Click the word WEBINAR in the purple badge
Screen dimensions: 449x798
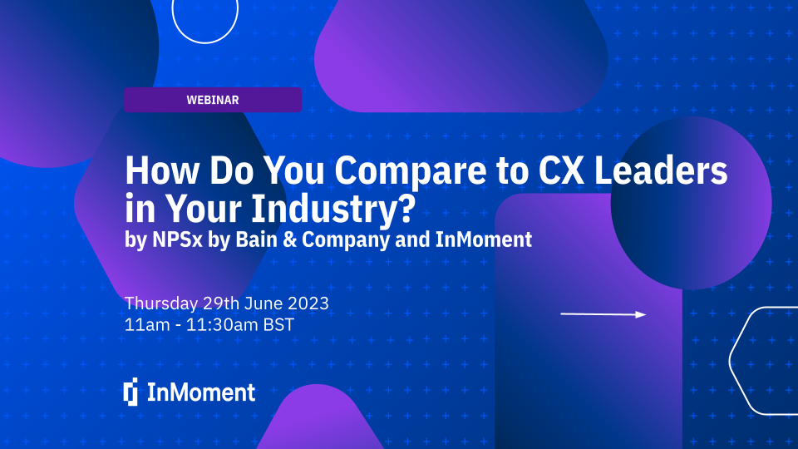tap(213, 100)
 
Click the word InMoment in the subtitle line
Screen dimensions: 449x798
tap(484, 240)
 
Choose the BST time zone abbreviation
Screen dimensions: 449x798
tap(278, 325)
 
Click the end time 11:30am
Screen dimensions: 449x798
tap(218, 325)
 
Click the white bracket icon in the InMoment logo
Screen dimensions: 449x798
tap(131, 392)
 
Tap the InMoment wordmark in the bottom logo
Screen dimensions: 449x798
tap(201, 392)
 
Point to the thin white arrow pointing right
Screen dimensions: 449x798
tap(603, 314)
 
